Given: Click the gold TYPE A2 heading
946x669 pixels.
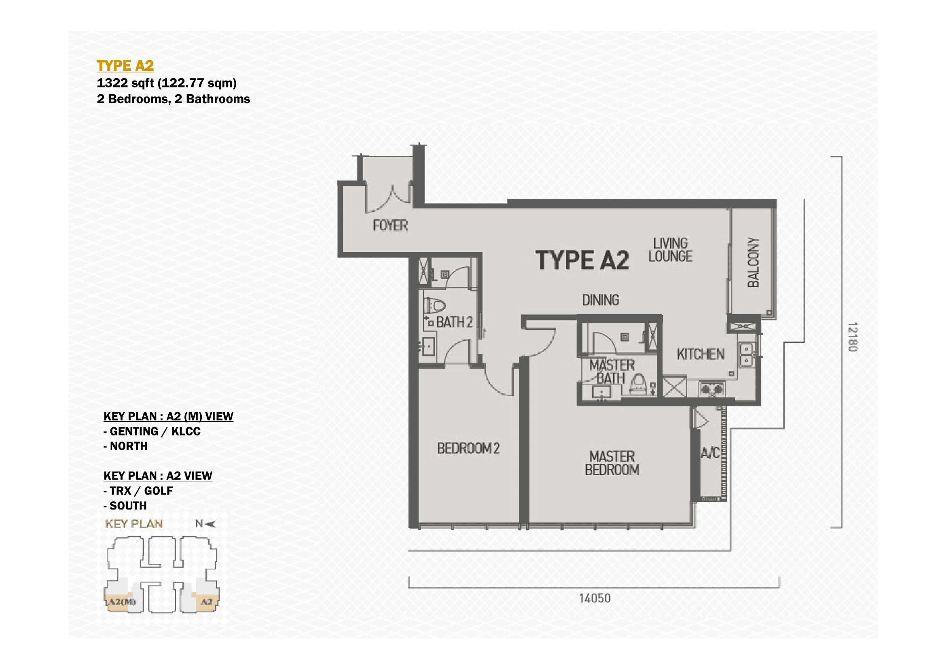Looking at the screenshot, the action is point(125,66).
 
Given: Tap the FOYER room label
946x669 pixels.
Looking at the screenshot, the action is point(390,225).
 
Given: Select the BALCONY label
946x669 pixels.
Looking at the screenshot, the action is point(753,262).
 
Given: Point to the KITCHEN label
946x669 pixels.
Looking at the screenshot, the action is point(701,354).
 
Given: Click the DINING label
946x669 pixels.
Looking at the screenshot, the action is point(601,300).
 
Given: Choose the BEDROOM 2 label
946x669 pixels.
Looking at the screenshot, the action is point(468,448).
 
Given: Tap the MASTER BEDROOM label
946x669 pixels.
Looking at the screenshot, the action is point(612,463).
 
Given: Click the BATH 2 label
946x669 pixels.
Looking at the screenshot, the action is point(455,322).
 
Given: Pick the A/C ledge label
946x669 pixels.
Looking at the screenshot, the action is point(710,453).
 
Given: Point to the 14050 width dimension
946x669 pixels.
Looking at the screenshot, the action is point(595,599).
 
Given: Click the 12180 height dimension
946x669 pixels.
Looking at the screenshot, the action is point(853,337).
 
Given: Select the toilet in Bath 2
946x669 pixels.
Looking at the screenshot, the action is point(435,306).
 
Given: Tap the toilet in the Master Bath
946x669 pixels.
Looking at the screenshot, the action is point(638,384).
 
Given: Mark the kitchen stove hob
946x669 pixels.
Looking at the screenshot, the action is point(712,389).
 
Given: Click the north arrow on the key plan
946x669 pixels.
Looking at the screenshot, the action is point(210,524).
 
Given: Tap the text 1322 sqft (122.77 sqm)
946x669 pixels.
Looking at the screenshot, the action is point(167,83).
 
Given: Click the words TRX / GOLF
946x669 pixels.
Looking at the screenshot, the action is point(141,491).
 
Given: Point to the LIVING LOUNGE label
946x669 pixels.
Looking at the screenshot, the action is point(670,250).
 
